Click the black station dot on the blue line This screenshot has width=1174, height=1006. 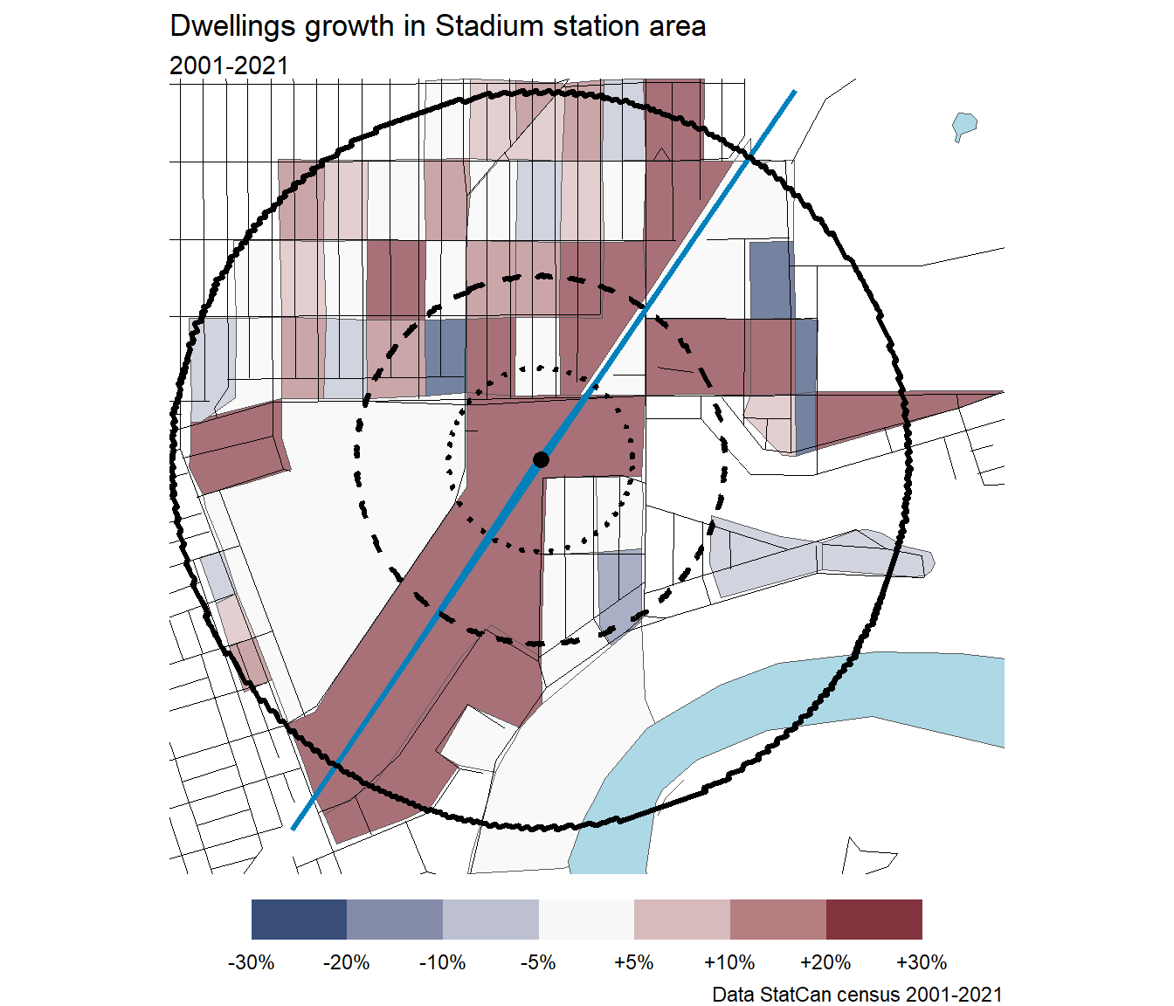point(541,459)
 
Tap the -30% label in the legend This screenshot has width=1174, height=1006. point(252,962)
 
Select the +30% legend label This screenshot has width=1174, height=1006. point(922,962)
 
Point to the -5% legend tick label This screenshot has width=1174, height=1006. point(538,962)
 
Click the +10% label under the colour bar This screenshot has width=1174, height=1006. point(729,962)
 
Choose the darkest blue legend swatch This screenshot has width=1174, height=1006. point(299,920)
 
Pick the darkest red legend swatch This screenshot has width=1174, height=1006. point(874,920)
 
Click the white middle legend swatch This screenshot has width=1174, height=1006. point(586,920)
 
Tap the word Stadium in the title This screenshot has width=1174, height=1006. point(479,26)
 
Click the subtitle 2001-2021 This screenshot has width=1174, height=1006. point(229,65)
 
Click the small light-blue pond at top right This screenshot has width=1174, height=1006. point(963,125)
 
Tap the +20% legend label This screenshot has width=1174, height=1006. point(825,962)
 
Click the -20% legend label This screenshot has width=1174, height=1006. point(347,962)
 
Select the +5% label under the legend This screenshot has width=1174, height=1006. point(633,962)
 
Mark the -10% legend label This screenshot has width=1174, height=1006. point(443,962)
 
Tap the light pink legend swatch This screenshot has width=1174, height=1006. point(681,920)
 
